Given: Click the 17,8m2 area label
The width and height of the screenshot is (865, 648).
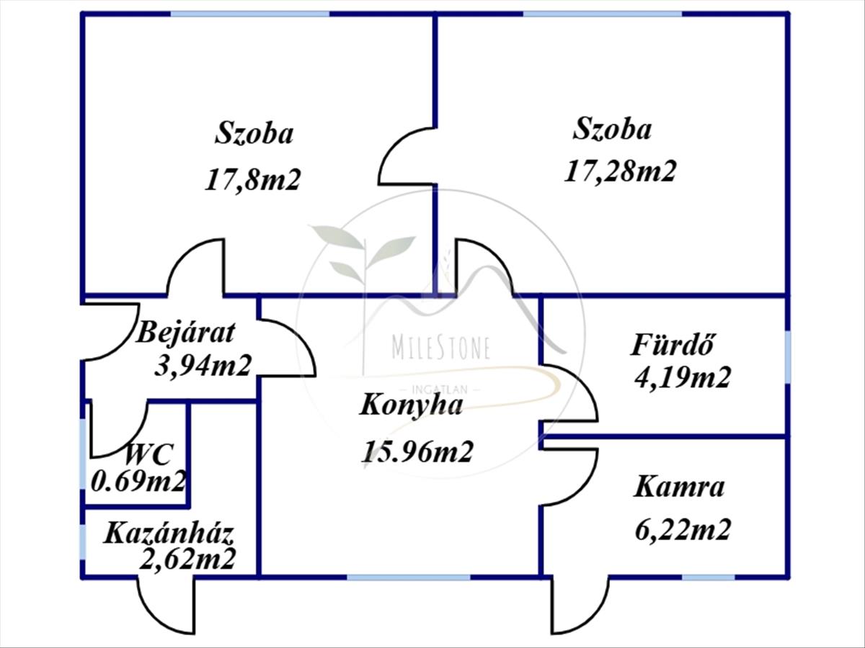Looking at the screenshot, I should tap(252, 179).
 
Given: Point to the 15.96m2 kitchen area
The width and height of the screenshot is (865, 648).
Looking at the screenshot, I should tap(417, 452).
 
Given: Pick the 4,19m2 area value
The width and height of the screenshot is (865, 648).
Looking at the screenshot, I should tap(681, 377).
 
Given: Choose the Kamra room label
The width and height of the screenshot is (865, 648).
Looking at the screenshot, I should tap(679, 487).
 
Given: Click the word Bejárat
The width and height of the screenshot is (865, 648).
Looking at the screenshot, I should tap(185, 333).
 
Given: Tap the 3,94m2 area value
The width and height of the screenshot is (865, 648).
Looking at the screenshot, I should tap(203, 366).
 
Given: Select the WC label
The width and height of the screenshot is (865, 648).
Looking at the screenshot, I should tap(148, 454).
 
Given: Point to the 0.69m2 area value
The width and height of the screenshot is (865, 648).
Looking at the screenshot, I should tap(138, 480).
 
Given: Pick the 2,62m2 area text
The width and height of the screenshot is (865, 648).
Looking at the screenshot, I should tap(190, 559).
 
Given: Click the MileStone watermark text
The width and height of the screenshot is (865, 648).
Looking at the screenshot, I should tap(440, 348).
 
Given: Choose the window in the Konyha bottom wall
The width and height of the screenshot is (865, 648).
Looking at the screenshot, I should tap(409, 577).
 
